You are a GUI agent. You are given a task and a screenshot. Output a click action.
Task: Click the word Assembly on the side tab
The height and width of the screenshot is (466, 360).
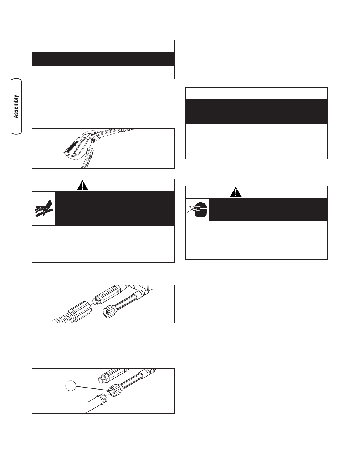[x=16, y=106]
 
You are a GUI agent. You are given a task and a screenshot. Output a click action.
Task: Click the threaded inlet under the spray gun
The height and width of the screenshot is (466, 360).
[x=93, y=141]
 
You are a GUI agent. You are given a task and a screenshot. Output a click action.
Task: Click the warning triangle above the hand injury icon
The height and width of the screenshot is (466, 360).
[x=83, y=185]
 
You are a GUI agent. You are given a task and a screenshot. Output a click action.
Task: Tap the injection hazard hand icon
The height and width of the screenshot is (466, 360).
[x=44, y=208]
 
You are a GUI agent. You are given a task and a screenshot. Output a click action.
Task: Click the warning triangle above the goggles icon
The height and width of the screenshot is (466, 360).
[x=236, y=192]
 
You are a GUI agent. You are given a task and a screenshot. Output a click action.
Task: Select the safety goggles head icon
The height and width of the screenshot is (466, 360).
[x=197, y=210]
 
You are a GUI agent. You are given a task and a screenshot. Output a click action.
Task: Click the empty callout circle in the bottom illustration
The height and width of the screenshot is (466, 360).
[x=71, y=386]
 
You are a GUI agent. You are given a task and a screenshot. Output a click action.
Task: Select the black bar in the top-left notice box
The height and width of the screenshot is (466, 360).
[x=103, y=59]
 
